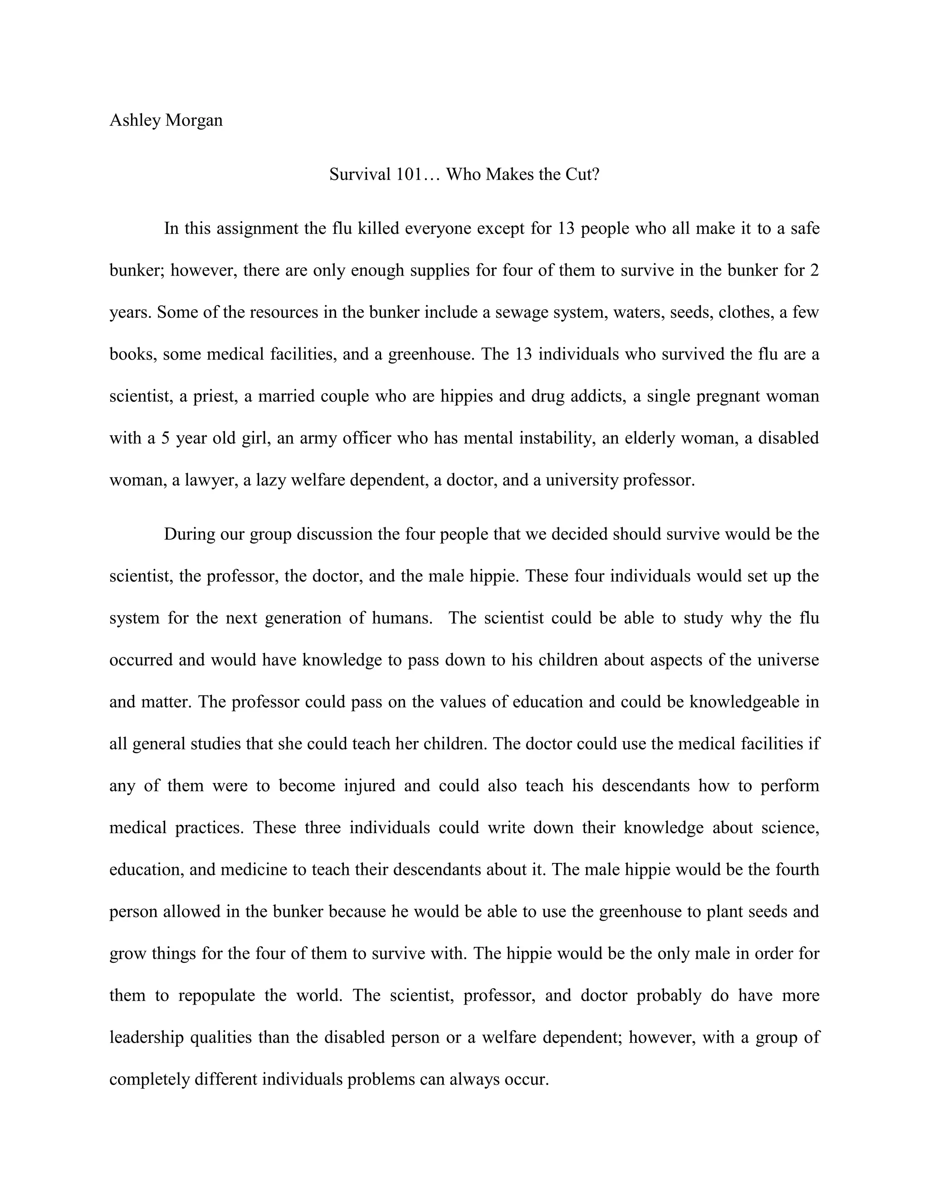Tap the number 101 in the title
pos(408,175)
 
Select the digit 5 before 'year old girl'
pos(165,438)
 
